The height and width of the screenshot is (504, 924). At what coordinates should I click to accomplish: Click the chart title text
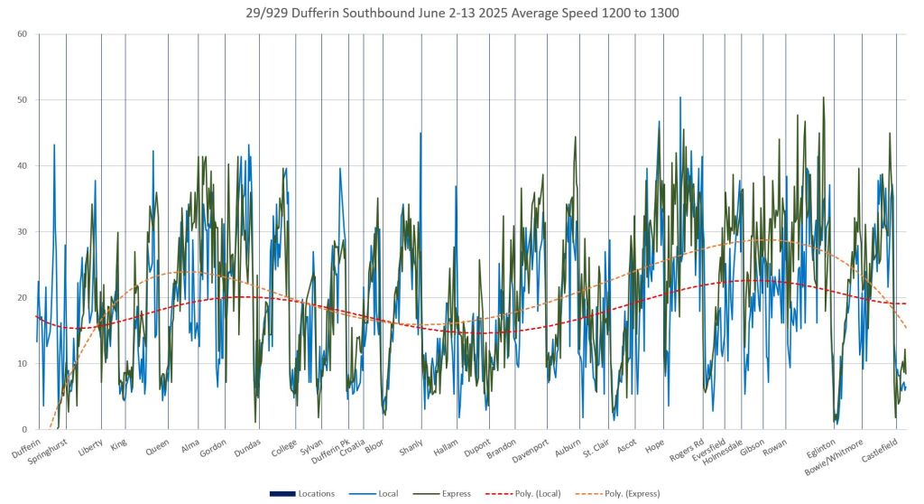tap(462, 13)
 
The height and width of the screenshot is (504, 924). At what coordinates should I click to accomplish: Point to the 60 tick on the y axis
tap(22, 34)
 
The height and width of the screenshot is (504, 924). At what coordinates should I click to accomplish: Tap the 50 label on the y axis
tap(22, 100)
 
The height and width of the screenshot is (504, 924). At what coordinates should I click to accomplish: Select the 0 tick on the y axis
tap(24, 430)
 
